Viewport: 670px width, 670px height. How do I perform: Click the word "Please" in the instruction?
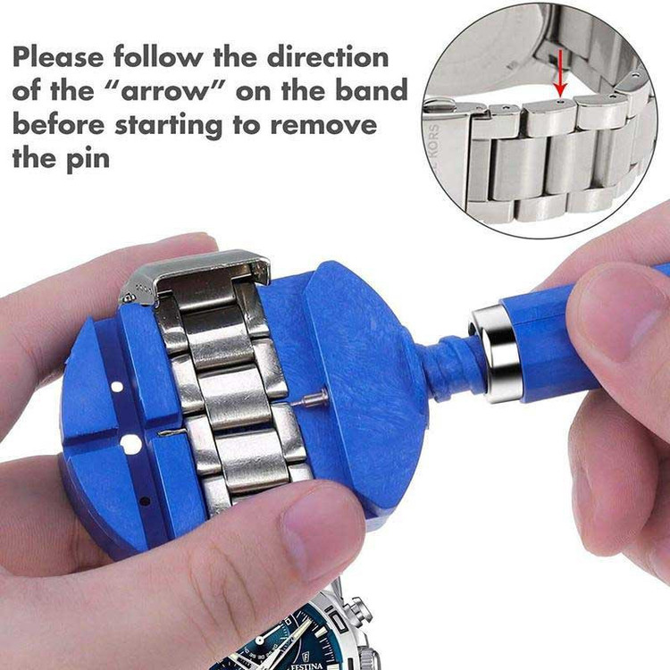coord(58,58)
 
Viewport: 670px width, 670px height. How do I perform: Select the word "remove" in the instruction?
coord(324,125)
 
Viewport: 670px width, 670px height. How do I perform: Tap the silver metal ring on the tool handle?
coord(496,355)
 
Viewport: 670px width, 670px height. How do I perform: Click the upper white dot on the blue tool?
coord(117,387)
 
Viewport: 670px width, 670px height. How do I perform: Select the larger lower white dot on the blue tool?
coord(130,444)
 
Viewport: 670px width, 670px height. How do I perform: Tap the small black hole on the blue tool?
coord(146,501)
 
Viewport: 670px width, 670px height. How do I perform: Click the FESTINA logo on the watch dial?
coord(306,665)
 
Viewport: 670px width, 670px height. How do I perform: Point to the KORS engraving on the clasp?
coord(433,147)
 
